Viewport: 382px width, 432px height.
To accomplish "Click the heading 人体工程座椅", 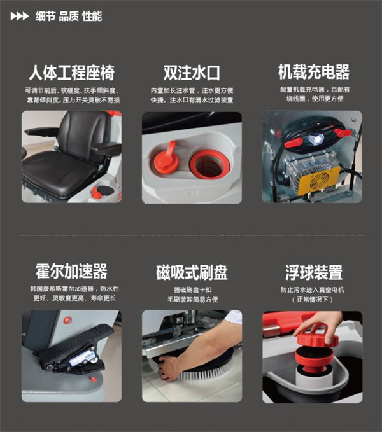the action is click(x=72, y=73).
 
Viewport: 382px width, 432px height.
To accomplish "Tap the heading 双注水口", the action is click(x=192, y=73).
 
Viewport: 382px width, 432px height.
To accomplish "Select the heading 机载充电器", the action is click(x=314, y=72).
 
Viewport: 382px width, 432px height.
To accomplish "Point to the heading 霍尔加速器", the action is click(x=71, y=271).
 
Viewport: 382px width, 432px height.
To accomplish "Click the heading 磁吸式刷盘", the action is click(x=192, y=272).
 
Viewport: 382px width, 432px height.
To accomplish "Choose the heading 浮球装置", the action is click(x=314, y=272).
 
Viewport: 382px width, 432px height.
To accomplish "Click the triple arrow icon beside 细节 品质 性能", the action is click(x=19, y=17).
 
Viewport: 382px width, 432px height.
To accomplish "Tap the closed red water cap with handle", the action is click(x=166, y=159).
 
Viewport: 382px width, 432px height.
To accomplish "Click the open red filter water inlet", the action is click(x=209, y=164).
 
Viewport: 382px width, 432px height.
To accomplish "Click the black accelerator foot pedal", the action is click(x=74, y=345).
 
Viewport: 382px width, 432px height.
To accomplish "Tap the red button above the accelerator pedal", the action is click(x=67, y=320).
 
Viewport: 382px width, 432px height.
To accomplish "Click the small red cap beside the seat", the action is click(x=95, y=193).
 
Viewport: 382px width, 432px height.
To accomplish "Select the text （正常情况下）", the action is click(x=313, y=300).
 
